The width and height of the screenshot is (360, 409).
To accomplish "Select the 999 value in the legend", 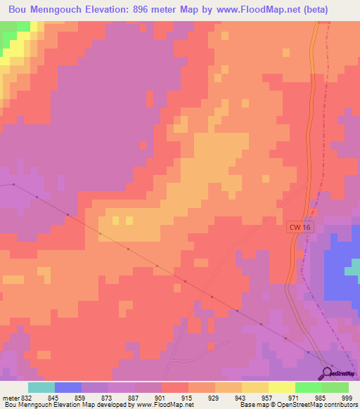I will coord(347,398).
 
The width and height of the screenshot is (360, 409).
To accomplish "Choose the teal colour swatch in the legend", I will coord(41,387).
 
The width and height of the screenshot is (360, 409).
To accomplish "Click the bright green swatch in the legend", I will coord(309,387).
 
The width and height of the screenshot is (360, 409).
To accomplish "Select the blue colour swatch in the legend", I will coord(68,387).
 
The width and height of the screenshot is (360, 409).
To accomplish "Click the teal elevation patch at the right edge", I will coord(356,270).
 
